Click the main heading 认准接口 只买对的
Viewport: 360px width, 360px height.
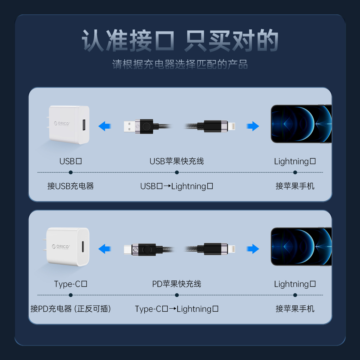click(x=180, y=40)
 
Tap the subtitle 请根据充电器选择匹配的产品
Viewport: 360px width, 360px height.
click(x=180, y=64)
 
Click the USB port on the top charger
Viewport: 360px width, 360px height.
click(x=84, y=125)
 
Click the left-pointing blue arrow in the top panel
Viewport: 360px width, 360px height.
click(x=105, y=126)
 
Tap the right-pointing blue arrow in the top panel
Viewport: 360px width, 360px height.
click(x=253, y=126)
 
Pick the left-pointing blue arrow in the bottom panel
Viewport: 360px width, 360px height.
click(x=105, y=249)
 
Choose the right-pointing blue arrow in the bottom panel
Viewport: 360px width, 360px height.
click(x=253, y=249)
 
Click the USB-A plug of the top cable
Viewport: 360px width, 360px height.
click(x=130, y=127)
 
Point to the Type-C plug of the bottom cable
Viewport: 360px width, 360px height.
click(x=128, y=249)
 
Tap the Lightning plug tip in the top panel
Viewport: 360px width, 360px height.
click(x=232, y=127)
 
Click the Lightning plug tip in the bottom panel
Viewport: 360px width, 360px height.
click(x=232, y=249)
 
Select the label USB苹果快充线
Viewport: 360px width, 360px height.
click(x=176, y=161)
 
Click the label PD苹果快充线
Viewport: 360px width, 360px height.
click(x=176, y=284)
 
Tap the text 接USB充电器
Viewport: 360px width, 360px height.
click(x=70, y=186)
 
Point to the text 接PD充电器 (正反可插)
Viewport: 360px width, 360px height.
click(x=70, y=309)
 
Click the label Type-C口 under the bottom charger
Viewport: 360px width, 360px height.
click(x=70, y=284)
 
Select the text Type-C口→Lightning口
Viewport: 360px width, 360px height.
click(x=176, y=309)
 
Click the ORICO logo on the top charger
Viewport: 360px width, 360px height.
click(x=62, y=124)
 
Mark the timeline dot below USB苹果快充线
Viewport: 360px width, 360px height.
click(x=177, y=172)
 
